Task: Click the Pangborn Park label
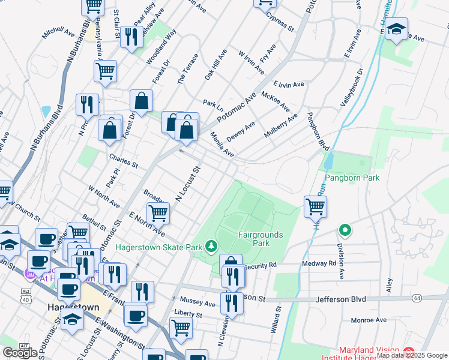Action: [352, 178]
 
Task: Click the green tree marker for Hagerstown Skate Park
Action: [211, 245]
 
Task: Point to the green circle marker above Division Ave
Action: [345, 230]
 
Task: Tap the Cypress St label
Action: [280, 22]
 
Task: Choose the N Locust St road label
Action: [187, 184]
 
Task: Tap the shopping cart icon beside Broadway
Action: [158, 212]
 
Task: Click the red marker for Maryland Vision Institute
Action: [408, 350]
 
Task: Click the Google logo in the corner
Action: [20, 352]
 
